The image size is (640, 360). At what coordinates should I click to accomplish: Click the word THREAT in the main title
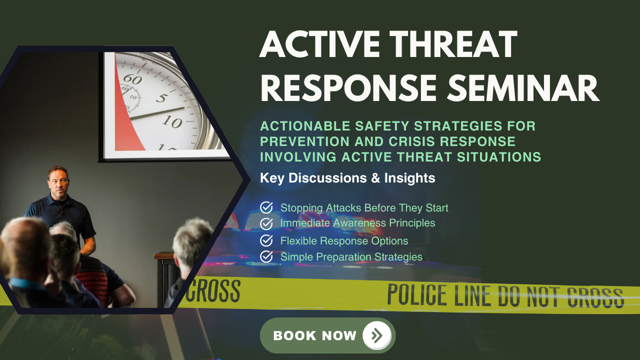click(x=453, y=44)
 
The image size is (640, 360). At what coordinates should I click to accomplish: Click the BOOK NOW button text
click(x=314, y=335)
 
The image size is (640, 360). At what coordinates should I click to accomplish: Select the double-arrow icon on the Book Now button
click(x=377, y=335)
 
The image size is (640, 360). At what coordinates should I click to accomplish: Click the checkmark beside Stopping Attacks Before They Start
click(x=266, y=207)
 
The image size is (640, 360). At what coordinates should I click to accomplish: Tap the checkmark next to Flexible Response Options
click(x=266, y=240)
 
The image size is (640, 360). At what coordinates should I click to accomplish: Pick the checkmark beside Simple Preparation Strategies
click(x=266, y=256)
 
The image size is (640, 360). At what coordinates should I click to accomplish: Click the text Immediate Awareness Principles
click(x=357, y=223)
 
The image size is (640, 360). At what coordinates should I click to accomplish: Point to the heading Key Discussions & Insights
click(x=347, y=178)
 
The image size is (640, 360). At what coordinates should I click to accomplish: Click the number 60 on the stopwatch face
click(x=132, y=79)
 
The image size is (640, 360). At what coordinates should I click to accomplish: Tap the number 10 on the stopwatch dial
click(x=172, y=121)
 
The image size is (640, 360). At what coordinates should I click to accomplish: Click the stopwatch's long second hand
click(x=157, y=113)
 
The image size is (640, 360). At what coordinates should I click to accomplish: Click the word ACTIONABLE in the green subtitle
click(x=305, y=126)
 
